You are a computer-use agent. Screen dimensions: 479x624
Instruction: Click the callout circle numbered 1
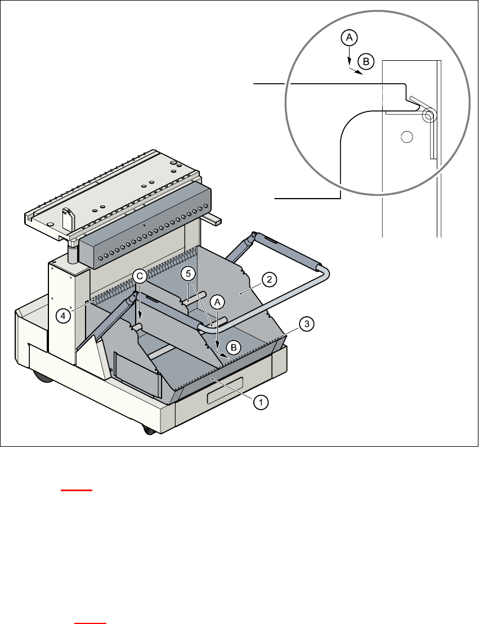[260, 402]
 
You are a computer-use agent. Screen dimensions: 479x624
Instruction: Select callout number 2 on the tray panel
[270, 279]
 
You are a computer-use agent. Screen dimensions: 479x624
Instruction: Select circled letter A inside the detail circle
[349, 38]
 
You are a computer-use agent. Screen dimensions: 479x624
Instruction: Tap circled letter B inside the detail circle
[365, 61]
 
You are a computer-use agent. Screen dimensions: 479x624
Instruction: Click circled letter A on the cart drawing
[217, 302]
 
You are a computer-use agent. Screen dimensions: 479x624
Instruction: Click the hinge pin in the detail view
[429, 116]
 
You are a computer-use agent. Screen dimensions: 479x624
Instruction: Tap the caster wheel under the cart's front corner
[149, 430]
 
